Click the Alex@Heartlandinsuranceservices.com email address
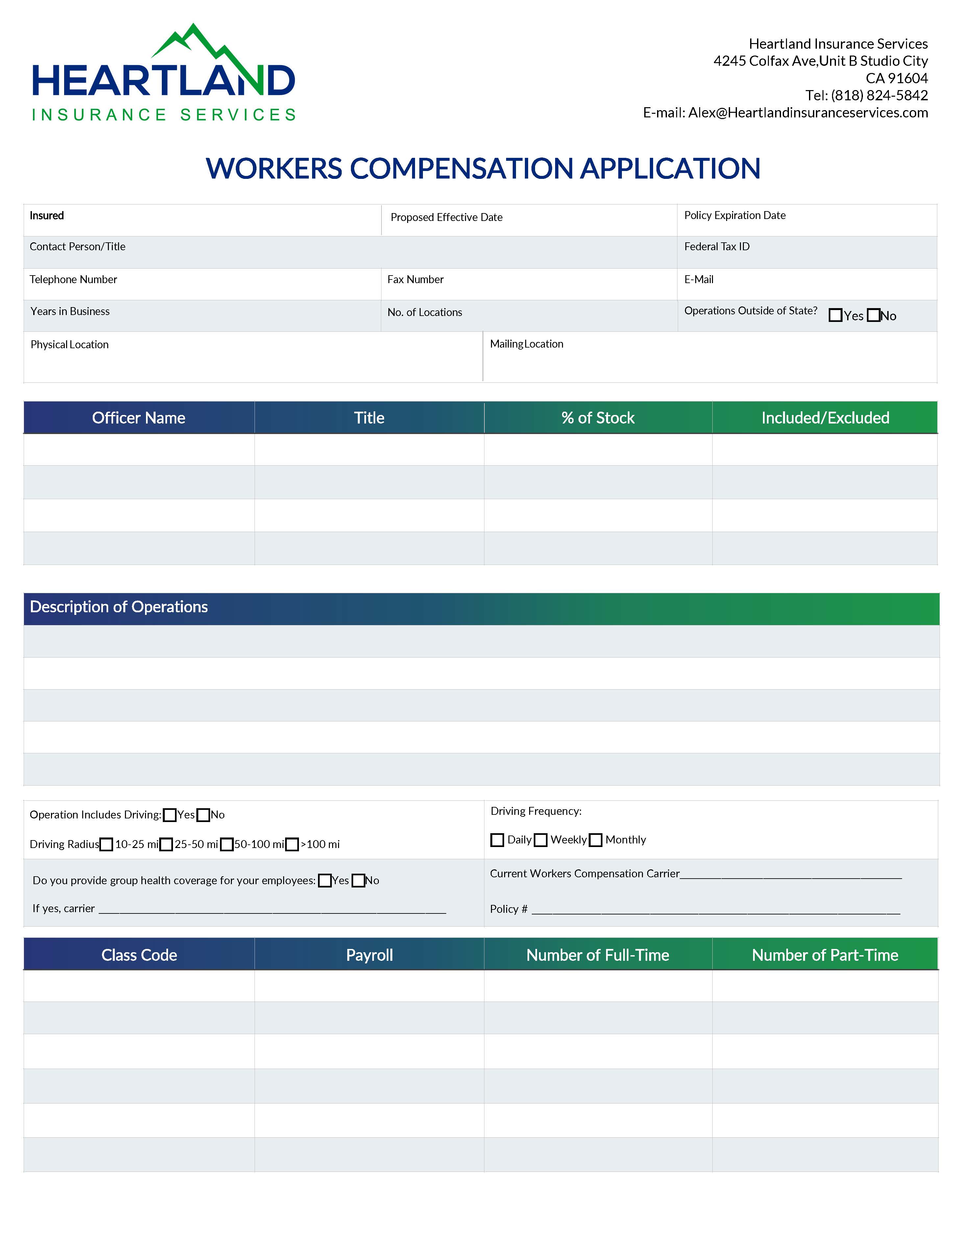808,113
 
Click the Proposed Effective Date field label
446,217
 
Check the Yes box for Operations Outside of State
835,315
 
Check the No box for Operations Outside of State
873,315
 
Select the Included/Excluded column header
824,418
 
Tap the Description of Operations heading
119,607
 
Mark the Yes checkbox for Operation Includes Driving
169,815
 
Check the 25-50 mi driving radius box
166,844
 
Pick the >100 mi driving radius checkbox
292,844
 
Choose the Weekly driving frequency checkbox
541,840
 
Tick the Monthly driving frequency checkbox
595,840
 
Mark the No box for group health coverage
358,881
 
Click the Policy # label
508,910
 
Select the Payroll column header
369,956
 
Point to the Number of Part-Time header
824,956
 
